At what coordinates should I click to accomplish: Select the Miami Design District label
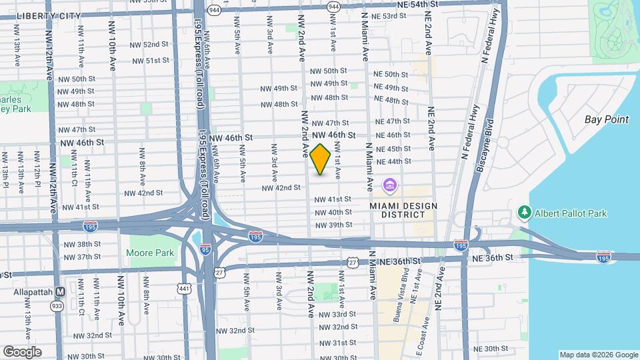click(398, 209)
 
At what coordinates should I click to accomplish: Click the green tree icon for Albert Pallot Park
click(525, 213)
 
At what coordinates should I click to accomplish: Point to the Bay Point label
click(606, 119)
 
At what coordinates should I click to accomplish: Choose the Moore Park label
click(150, 253)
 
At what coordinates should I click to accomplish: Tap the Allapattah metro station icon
click(61, 291)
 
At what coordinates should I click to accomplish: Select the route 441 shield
click(183, 288)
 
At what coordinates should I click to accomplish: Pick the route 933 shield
click(57, 305)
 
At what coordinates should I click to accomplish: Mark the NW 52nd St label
click(150, 45)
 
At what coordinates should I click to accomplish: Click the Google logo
click(22, 352)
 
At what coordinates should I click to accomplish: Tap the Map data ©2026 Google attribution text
click(599, 355)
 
